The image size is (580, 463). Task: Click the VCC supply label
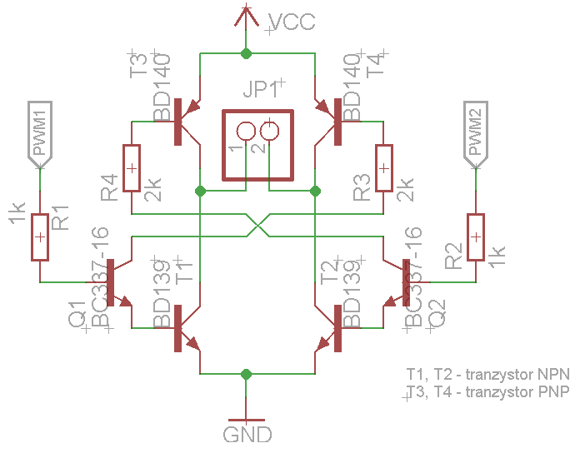292,22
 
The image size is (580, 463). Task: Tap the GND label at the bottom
247,435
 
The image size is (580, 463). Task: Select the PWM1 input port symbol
40,135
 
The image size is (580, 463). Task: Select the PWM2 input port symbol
476,135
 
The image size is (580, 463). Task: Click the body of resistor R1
40,237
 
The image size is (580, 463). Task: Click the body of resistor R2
476,237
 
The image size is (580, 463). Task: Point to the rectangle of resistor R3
384,168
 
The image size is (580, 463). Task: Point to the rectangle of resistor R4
132,168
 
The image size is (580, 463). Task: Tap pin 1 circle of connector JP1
246,132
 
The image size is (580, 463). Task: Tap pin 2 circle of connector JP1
269,132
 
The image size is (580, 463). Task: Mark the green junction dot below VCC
246,53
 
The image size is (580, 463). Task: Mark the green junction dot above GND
246,374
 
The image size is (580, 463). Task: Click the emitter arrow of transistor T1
193,344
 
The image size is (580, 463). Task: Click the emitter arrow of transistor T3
192,107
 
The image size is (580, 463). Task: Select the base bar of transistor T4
337,122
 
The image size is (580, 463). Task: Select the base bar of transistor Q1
110,282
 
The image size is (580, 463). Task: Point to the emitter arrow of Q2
389,301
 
